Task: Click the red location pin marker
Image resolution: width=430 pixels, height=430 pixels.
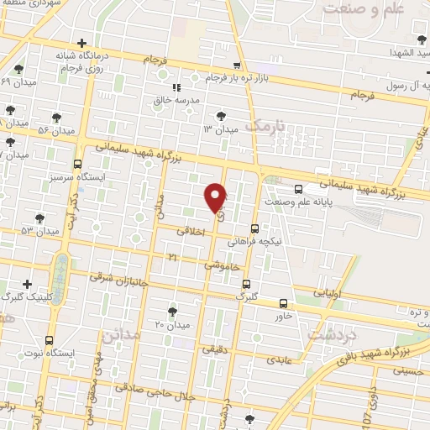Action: coord(216,197)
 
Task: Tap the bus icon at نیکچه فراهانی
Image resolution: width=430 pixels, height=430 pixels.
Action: coord(254,228)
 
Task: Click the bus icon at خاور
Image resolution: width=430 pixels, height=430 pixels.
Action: coord(282,303)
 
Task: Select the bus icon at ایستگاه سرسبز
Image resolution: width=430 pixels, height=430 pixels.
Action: coord(78,165)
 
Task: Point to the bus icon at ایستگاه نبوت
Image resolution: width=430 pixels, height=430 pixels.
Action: coord(49,341)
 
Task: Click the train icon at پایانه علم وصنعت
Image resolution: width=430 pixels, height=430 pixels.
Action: coord(299,188)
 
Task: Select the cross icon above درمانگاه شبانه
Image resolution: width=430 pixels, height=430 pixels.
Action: coord(81,43)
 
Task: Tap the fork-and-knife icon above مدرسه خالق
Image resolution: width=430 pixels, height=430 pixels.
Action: coord(176,87)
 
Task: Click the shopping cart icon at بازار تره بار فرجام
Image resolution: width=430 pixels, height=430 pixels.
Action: coord(238,66)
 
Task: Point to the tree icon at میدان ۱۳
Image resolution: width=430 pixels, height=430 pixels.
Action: coord(221,116)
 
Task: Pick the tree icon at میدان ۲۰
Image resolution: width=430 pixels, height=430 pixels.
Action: coord(173,312)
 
